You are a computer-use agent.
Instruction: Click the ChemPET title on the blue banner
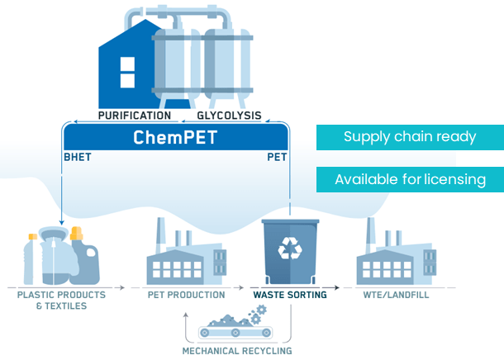[x=175, y=137]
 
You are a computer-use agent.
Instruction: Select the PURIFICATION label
[x=135, y=116]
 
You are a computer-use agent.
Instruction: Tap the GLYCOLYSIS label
[x=229, y=116]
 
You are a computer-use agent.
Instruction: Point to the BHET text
[x=77, y=156]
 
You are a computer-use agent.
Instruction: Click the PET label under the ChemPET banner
[x=276, y=156]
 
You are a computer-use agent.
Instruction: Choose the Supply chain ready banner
[x=409, y=137]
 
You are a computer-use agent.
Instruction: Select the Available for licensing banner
[x=409, y=179]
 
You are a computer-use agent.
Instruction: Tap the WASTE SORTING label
[x=289, y=295]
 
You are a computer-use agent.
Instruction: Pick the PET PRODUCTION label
[x=186, y=295]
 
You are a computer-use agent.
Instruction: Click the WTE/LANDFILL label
[x=397, y=295]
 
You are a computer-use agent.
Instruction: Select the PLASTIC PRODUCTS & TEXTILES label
[x=62, y=300]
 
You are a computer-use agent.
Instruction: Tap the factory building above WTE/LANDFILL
[x=395, y=257]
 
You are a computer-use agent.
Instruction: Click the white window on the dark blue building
[x=126, y=72]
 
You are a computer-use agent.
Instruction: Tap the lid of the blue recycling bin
[x=289, y=224]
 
